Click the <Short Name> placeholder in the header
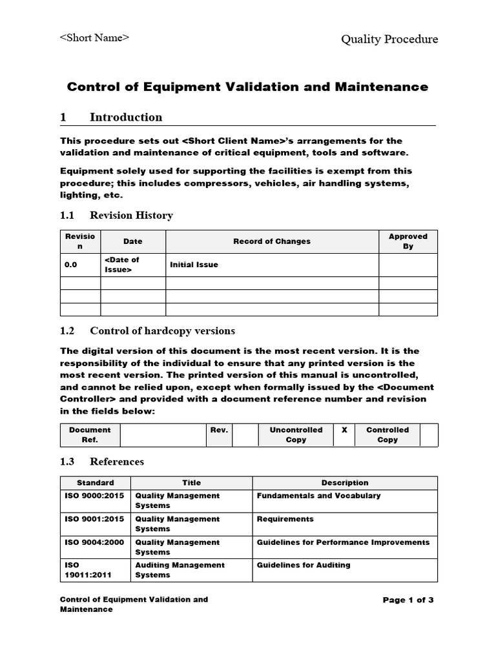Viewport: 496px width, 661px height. [x=94, y=37]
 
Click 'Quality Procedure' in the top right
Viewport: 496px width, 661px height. [x=389, y=39]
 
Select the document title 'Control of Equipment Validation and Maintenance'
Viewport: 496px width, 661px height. [x=248, y=86]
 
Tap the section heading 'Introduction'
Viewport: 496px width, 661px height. [x=126, y=117]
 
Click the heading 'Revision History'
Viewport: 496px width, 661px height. [x=131, y=215]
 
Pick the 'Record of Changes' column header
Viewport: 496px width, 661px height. [x=272, y=241]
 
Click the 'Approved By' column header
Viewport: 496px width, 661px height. [x=408, y=241]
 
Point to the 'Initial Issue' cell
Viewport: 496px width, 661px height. [x=194, y=265]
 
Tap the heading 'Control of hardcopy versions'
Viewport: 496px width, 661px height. [x=162, y=330]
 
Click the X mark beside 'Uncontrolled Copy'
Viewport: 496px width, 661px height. [x=344, y=430]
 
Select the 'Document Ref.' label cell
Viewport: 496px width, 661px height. [x=90, y=434]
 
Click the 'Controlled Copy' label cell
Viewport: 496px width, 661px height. [x=387, y=434]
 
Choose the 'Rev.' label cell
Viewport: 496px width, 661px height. [x=219, y=430]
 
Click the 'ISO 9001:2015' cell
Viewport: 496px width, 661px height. [x=88, y=519]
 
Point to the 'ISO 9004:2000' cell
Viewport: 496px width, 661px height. [x=88, y=542]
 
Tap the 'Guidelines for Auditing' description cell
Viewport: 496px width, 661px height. [x=304, y=565]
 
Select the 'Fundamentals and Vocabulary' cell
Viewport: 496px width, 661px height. [x=318, y=496]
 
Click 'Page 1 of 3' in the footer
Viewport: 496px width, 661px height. [x=408, y=600]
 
